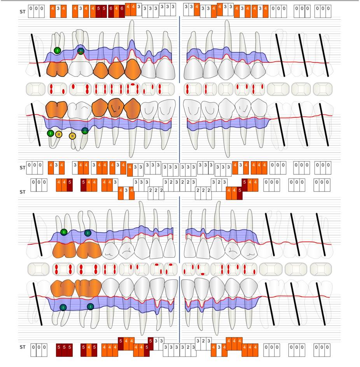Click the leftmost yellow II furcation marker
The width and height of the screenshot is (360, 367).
click(x=58, y=134)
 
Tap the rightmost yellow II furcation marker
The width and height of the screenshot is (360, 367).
click(x=72, y=136)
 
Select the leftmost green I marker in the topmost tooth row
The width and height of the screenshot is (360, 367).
click(x=58, y=50)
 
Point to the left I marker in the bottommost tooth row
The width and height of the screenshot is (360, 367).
click(x=63, y=307)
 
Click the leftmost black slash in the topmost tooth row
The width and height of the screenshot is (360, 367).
click(x=35, y=55)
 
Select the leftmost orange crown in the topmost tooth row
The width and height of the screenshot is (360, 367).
click(x=57, y=70)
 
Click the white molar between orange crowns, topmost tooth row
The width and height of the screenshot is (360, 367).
click(x=80, y=69)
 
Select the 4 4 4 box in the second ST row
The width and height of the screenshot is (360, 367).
click(x=259, y=168)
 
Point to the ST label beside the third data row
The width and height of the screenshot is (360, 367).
click(x=22, y=192)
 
